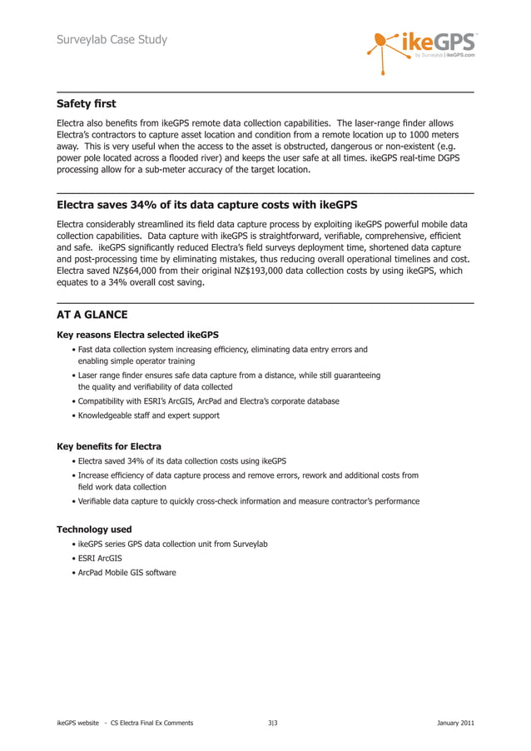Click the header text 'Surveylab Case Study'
tap(112, 39)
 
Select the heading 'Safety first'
tap(86, 104)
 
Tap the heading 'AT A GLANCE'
tap(92, 315)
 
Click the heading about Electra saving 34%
tap(200, 205)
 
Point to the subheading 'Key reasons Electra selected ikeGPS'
tap(137, 335)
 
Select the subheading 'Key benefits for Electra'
tap(108, 446)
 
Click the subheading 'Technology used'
tap(93, 529)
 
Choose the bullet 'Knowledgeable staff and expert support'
tap(148, 415)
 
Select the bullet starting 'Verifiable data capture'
tap(248, 501)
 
